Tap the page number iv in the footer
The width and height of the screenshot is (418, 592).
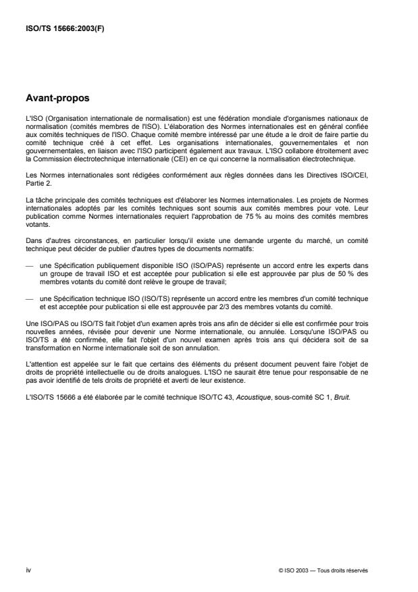point(27,570)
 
